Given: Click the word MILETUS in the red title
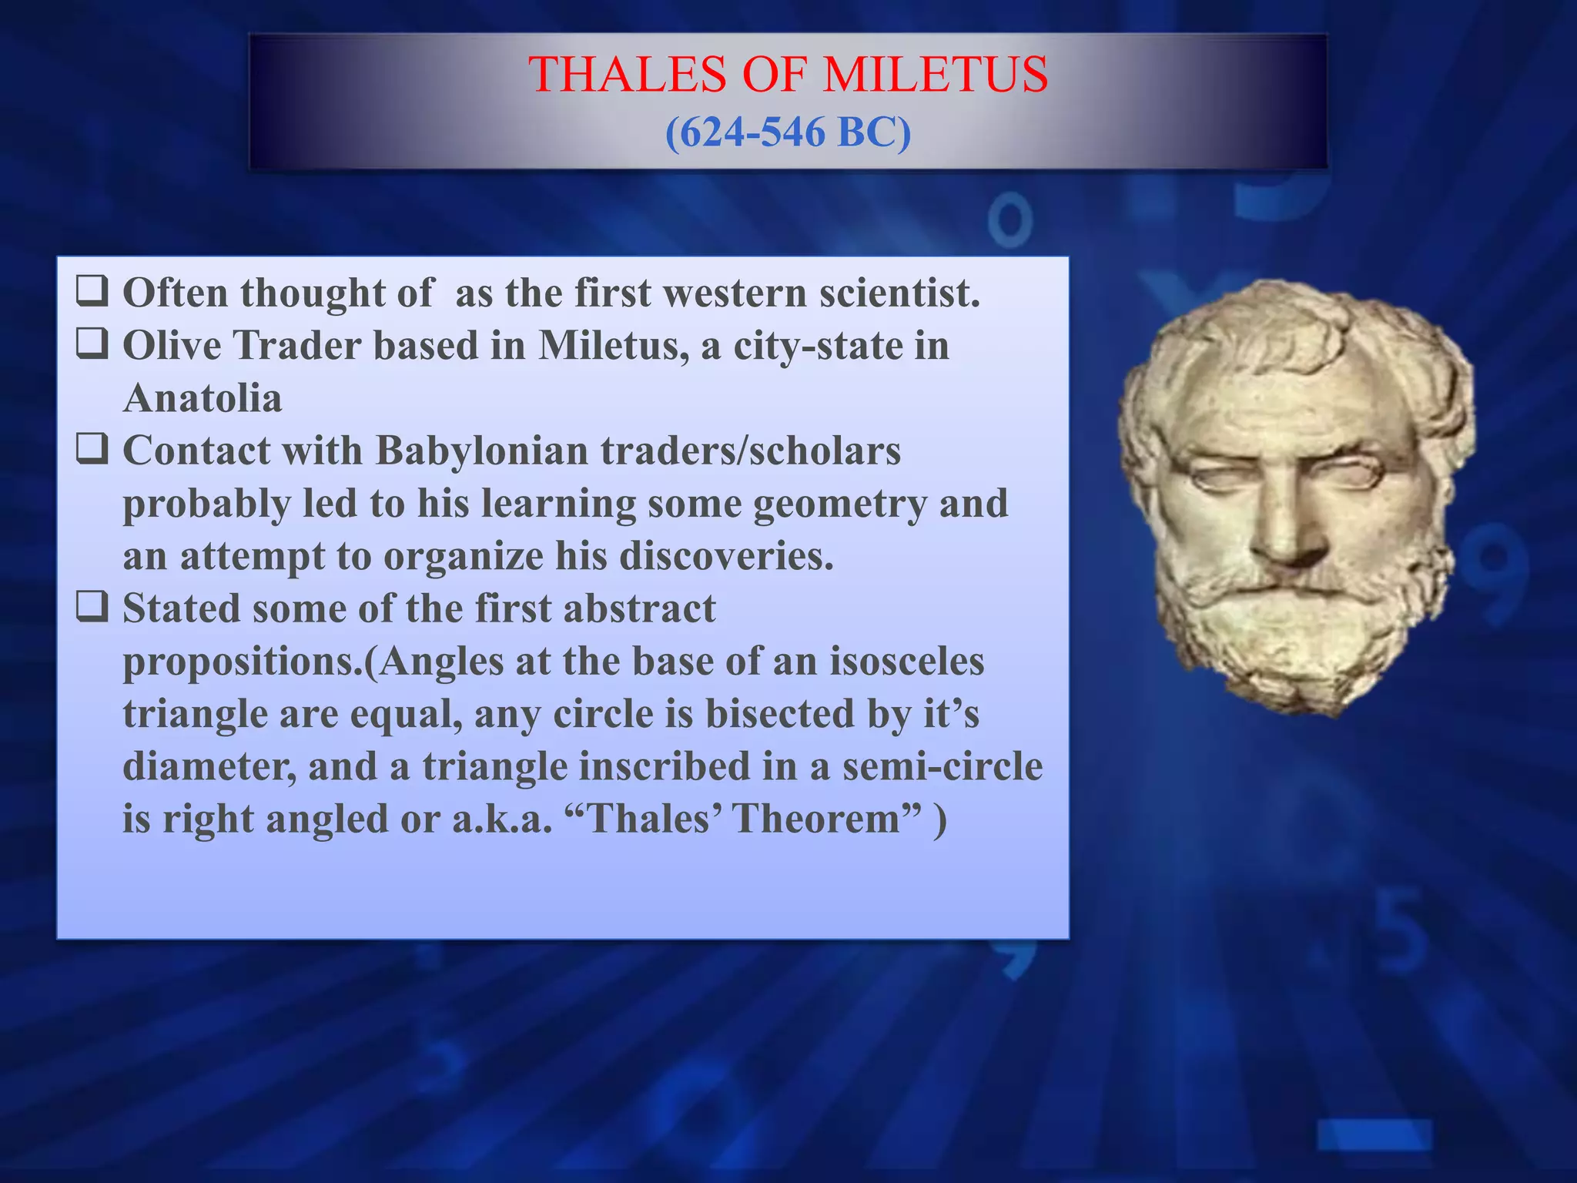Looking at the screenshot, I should click(x=935, y=75).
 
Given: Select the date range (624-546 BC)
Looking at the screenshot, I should click(x=788, y=132).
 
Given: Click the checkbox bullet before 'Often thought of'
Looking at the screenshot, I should click(x=92, y=293).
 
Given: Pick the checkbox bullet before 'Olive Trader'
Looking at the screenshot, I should click(x=92, y=344).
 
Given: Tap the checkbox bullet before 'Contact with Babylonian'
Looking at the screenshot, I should click(x=92, y=450).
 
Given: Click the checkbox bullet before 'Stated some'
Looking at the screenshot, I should click(x=92, y=608).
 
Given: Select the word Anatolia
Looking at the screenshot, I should click(x=203, y=398).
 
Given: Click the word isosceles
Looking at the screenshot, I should click(x=906, y=661).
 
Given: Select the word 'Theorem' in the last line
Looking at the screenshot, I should click(x=817, y=818).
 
